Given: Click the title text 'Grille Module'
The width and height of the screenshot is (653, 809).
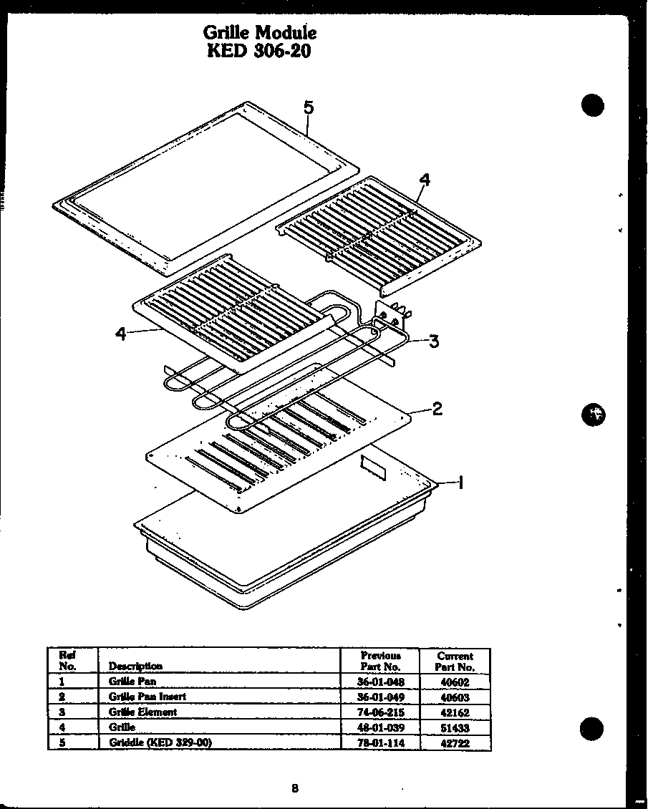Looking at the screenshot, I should click(259, 33).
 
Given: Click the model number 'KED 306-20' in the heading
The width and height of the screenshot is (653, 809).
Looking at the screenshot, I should click(259, 52).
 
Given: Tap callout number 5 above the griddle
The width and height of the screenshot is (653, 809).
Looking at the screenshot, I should click(308, 107).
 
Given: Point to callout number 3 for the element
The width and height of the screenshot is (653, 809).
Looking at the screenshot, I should click(434, 341).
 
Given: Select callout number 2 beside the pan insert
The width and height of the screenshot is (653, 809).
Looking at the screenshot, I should click(437, 409).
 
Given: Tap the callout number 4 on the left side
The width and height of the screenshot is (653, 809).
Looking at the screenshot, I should click(120, 334).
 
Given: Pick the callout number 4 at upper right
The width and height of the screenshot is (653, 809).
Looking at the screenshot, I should click(425, 180).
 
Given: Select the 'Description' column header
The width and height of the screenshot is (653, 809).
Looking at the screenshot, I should click(135, 666).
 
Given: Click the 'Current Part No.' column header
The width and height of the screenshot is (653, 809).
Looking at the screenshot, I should click(455, 661).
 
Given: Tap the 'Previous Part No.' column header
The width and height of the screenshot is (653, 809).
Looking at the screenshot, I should click(380, 661).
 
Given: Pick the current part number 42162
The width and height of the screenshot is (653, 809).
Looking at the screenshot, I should click(455, 712).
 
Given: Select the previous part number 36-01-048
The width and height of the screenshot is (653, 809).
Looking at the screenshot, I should click(380, 682).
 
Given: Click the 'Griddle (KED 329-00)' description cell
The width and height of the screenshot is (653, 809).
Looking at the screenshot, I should click(160, 742).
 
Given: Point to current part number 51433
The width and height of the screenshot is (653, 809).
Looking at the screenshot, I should click(455, 727).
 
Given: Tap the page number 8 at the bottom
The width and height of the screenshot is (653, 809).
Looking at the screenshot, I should click(294, 788).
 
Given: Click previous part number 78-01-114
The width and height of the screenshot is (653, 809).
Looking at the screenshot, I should click(380, 743).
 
